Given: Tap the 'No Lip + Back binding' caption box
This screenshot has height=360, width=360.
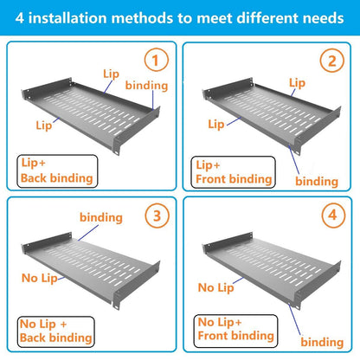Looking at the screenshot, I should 54,331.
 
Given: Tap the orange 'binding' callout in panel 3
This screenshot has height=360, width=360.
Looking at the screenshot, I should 100,217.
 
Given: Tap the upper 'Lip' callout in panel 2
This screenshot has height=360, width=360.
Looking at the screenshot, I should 297,82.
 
